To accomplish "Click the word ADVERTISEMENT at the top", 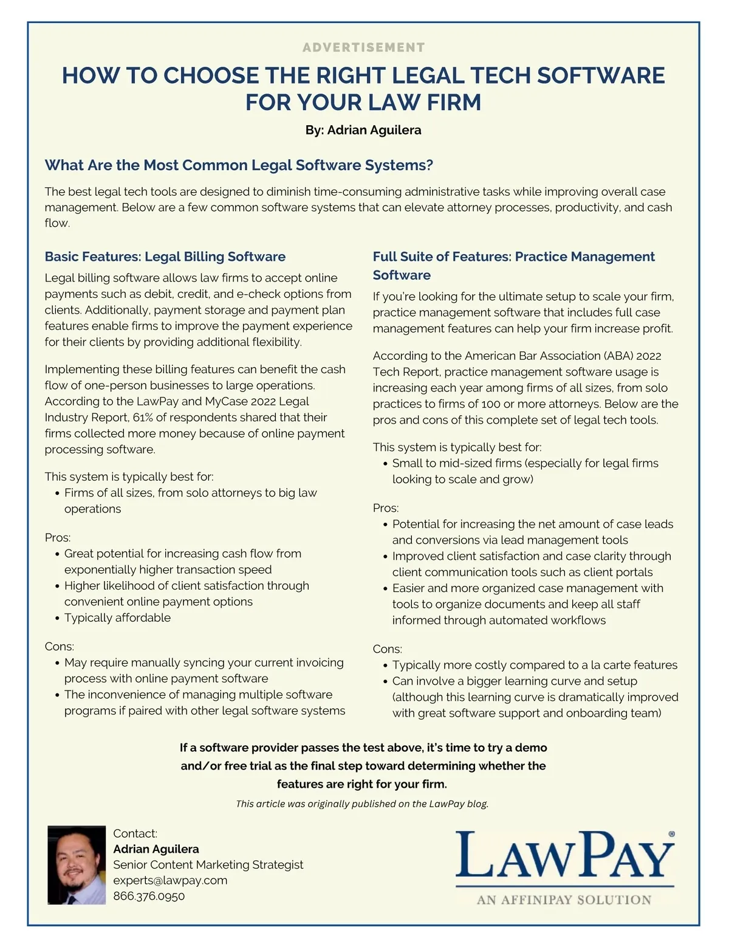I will coord(363,47).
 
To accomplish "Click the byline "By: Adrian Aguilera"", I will coord(363,130).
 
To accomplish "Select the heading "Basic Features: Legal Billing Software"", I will coord(165,257).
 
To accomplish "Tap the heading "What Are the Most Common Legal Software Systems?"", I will coord(239,165).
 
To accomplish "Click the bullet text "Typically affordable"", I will coord(117,618).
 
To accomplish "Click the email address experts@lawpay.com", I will coord(170,880).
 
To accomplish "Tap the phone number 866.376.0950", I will coord(149,896).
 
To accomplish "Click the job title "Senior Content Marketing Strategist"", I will coord(208,864).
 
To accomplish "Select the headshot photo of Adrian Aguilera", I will coord(77,864).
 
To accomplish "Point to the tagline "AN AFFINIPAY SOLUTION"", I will coord(564,900).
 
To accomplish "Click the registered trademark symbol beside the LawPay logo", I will coord(671,835).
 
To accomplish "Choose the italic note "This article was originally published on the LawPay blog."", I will coord(362,804).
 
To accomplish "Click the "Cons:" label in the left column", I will coord(60,646).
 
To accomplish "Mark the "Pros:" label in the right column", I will coord(386,508).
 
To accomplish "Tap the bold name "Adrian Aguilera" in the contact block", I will coord(156,849).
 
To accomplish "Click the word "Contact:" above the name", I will coord(135,833).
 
